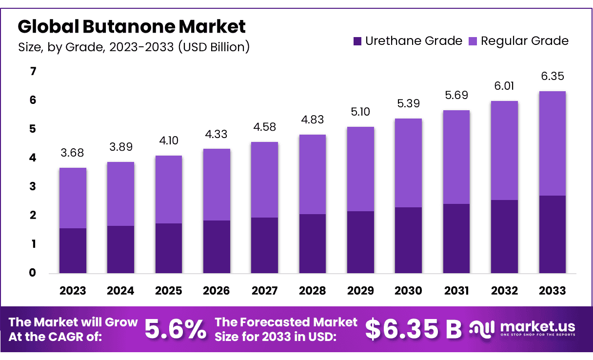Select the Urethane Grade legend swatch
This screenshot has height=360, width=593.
[x=357, y=41]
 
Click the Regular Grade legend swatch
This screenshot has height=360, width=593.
[x=473, y=41]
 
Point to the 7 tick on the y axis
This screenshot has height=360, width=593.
[x=33, y=72]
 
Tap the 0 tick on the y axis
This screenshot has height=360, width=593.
[x=33, y=273]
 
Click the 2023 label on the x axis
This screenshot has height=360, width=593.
[x=73, y=291]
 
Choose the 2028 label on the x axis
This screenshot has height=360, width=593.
[x=312, y=291]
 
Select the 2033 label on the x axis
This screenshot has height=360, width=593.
[x=553, y=291]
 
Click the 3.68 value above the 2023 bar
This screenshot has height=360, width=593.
[x=73, y=153]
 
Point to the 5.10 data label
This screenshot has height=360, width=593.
[x=360, y=112]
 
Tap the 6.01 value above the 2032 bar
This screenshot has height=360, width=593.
[x=504, y=86]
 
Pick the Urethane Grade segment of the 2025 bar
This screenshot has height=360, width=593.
[x=169, y=248]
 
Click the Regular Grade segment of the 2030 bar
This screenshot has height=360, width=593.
[x=408, y=163]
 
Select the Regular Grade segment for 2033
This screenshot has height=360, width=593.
[x=553, y=143]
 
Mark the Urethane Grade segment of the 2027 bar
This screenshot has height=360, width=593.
[x=265, y=245]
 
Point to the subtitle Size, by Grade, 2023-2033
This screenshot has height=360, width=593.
[x=134, y=47]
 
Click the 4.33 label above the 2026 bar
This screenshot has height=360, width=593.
[x=217, y=134]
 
